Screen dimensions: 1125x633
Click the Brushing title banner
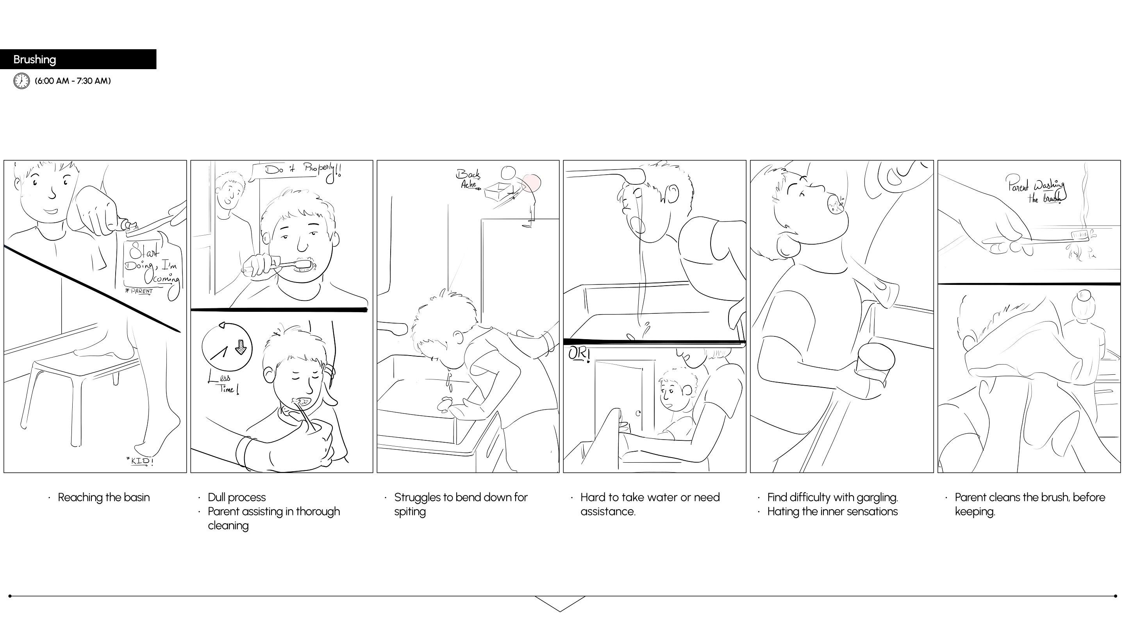(78, 59)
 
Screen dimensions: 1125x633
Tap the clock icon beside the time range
(21, 81)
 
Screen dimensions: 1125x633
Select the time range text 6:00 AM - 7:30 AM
(73, 81)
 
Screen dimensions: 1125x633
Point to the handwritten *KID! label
(140, 461)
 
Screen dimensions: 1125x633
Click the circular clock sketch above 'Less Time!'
(227, 347)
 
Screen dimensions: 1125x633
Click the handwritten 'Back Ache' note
(469, 179)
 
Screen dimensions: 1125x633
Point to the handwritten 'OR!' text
(579, 354)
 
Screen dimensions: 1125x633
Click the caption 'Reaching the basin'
(104, 497)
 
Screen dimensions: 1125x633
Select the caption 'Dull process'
(237, 497)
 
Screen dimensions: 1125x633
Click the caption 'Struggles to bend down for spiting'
(461, 504)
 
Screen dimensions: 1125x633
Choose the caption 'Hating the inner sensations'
(832, 511)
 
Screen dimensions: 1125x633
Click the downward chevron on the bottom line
(560, 604)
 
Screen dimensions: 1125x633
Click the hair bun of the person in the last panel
(1084, 297)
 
